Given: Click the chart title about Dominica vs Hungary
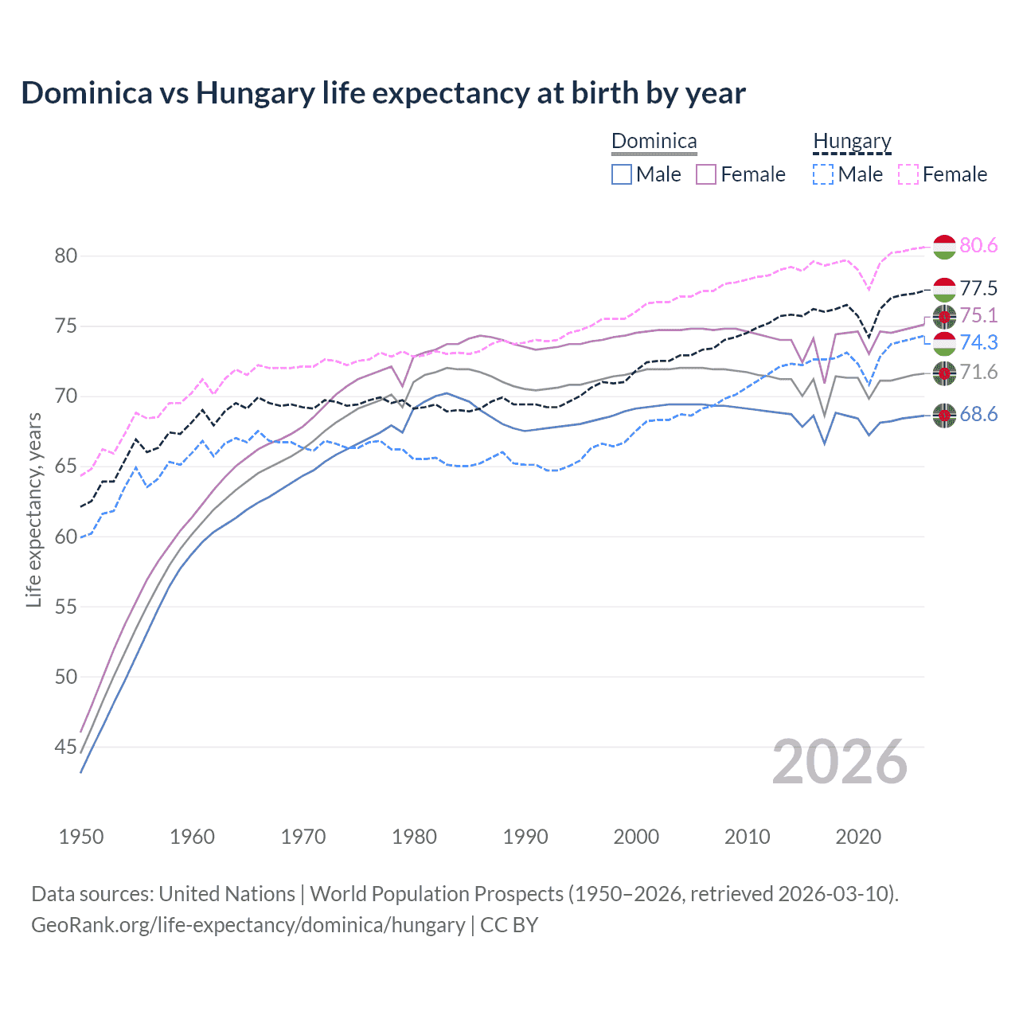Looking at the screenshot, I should click(x=383, y=93).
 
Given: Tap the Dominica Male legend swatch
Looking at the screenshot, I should click(x=622, y=174).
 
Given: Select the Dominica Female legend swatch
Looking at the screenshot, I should click(x=706, y=174).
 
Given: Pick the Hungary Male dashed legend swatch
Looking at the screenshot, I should click(x=823, y=174).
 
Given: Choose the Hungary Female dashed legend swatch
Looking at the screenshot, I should click(x=908, y=174).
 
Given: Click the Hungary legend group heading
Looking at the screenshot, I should click(x=852, y=142).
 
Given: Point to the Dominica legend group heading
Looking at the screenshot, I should click(x=654, y=142).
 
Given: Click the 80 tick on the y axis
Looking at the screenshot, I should click(x=66, y=256).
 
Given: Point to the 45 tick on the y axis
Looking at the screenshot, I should click(x=66, y=747).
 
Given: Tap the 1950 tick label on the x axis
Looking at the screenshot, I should click(x=81, y=837).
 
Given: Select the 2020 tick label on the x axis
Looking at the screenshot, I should click(x=858, y=837).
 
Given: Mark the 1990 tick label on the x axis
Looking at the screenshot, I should click(x=525, y=837).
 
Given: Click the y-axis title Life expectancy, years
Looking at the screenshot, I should click(x=33, y=509).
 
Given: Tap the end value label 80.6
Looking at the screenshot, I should click(x=978, y=245).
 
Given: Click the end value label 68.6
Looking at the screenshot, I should click(x=978, y=414).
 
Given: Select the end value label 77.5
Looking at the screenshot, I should click(x=978, y=288).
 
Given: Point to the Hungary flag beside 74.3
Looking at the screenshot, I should click(x=944, y=344).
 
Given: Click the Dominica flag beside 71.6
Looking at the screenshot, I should click(x=944, y=373).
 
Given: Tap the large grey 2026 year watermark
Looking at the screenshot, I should click(x=840, y=762).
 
